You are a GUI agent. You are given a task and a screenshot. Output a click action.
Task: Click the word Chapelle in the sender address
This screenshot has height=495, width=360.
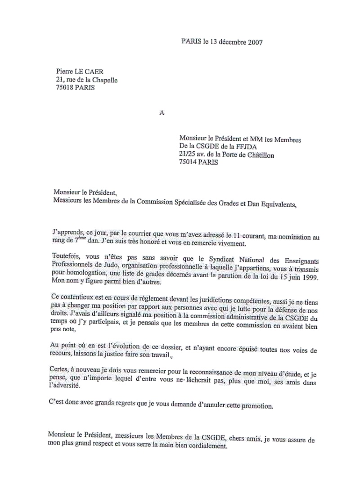[x=104, y=80]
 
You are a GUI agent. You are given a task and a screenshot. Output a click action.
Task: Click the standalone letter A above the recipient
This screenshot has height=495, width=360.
[x=162, y=113]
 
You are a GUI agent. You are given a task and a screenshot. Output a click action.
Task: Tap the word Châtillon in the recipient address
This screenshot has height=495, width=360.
[x=259, y=155]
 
